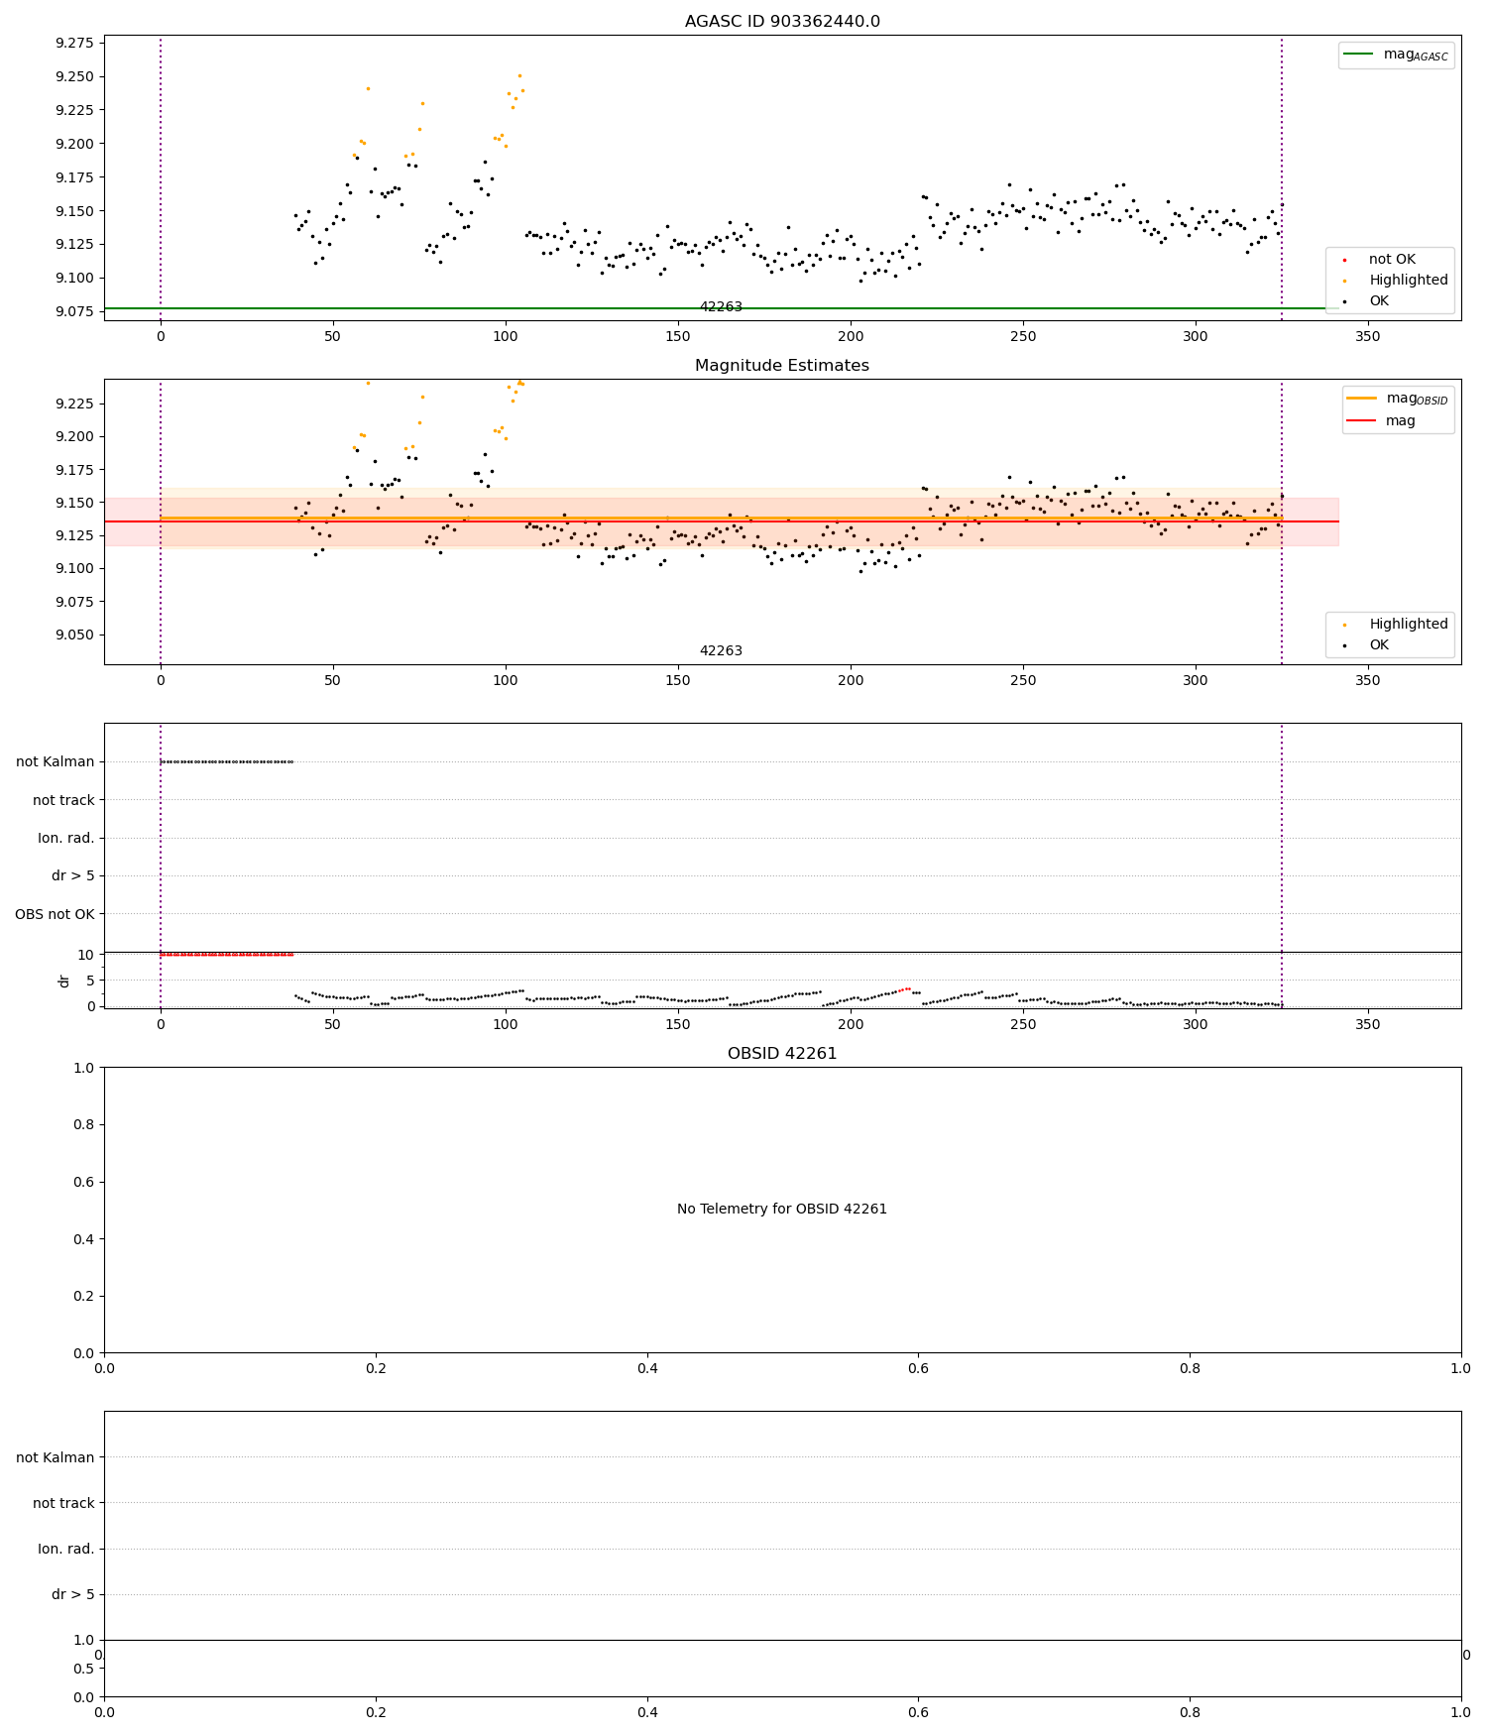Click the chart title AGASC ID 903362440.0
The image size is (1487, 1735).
tap(781, 22)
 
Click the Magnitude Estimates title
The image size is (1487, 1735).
tap(781, 366)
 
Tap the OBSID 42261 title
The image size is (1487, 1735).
tap(781, 1054)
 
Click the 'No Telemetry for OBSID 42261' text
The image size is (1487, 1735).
tap(781, 1210)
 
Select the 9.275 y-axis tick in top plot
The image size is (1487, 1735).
tap(74, 43)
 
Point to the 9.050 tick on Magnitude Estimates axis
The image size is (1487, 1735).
tap(74, 635)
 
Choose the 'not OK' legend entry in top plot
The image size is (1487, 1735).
tap(1391, 260)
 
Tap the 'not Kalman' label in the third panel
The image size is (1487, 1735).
tap(56, 762)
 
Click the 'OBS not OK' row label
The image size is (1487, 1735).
tap(55, 914)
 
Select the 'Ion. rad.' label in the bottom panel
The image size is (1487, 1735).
tap(66, 1549)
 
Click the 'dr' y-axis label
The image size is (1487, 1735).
tap(64, 981)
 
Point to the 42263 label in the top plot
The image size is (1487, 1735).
tap(721, 307)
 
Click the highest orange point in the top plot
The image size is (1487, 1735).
tap(519, 75)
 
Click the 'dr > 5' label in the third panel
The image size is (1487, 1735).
tap(72, 876)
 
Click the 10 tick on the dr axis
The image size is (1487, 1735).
tap(86, 955)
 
